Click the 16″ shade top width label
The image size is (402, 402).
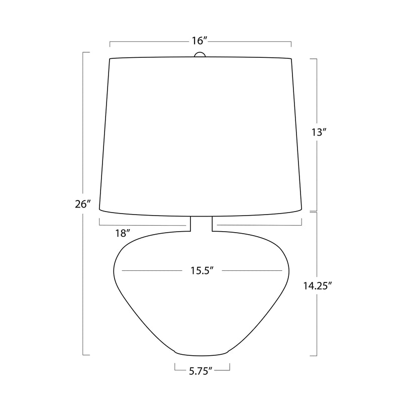click(x=199, y=41)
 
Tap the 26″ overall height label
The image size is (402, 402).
click(x=83, y=204)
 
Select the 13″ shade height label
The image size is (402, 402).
click(x=319, y=132)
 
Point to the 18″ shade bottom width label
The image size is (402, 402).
click(x=123, y=233)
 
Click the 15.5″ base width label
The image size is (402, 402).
click(x=202, y=270)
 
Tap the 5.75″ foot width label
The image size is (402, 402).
click(x=200, y=371)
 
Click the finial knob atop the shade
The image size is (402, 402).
click(x=200, y=54)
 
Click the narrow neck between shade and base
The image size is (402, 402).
click(x=202, y=224)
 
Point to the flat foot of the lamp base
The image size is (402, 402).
click(x=202, y=354)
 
